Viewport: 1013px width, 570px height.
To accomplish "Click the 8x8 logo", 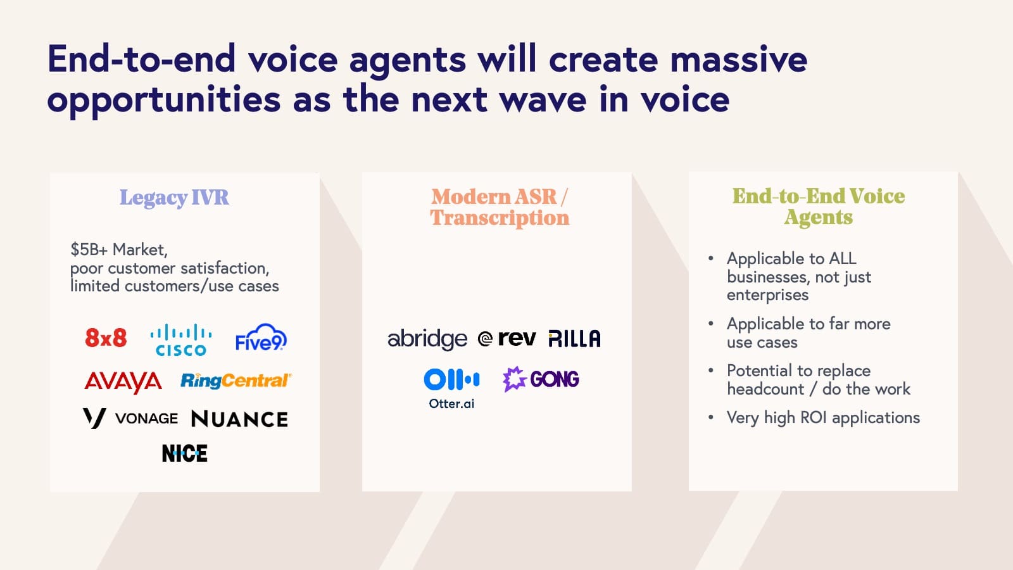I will point(106,338).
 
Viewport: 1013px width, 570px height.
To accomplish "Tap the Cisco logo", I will point(181,341).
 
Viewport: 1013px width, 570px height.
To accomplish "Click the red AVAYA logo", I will point(123,381).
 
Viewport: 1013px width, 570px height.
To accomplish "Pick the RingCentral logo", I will point(236,381).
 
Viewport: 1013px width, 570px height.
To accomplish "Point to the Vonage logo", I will point(131,418).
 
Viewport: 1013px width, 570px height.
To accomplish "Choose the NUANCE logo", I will point(239,419).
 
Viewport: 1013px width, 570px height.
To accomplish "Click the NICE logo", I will point(184,453).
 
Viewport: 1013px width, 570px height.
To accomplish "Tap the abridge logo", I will point(427,339).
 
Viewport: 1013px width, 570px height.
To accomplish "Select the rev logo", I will point(508,339).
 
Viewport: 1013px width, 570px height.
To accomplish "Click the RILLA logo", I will point(574,339).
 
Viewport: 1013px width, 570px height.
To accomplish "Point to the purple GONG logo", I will point(541,379).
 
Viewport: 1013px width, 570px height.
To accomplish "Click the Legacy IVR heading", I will point(174,198).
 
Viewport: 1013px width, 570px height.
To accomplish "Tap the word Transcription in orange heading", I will point(500,218).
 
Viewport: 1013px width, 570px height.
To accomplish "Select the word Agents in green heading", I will point(818,217).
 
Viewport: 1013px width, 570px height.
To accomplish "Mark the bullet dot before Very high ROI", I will point(711,417).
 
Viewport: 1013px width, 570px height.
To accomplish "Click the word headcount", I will point(765,389).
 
